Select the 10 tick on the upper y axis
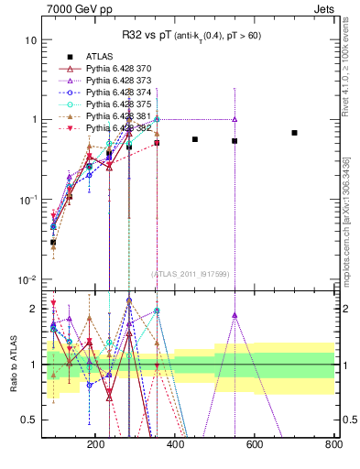coord(30,40)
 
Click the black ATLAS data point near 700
coord(294,133)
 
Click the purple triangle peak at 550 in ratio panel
coord(235,316)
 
